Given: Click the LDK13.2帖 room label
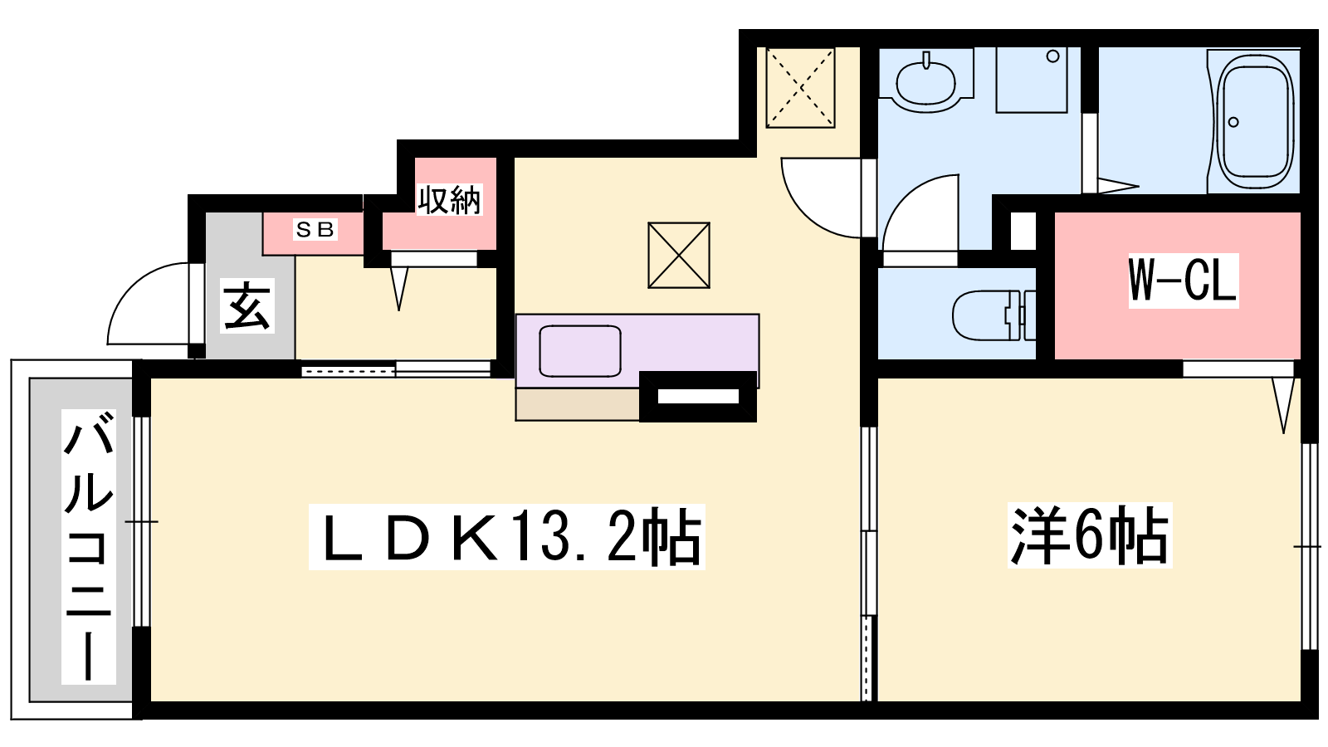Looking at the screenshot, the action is (507, 536).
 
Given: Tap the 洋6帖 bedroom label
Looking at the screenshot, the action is (1090, 535).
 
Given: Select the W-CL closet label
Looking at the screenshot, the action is (1184, 281).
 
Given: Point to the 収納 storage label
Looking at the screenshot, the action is (449, 199).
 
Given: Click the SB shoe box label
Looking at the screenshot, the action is (315, 229).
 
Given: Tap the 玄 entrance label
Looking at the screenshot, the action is (247, 306).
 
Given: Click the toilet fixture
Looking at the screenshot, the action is (994, 315).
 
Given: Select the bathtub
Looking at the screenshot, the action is (1254, 120).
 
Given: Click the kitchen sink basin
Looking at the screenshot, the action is (580, 350).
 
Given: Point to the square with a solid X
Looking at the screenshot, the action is (679, 255).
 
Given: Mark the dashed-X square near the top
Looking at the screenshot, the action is (800, 88).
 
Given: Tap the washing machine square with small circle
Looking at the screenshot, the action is (1031, 80).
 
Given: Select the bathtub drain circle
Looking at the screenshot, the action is (1233, 122).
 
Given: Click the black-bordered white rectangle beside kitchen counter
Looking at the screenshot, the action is (698, 396).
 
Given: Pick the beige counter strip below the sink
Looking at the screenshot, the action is (578, 404).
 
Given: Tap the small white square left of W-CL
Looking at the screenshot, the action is (1023, 230).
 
